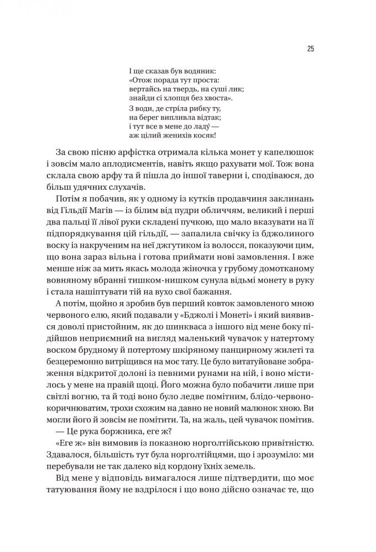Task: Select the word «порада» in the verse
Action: coord(156,80)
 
